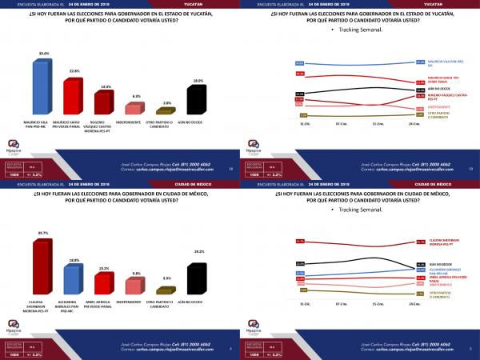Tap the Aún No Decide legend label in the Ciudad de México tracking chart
point(442,262)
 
